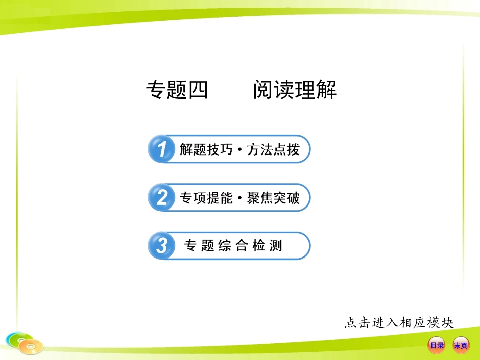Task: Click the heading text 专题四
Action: point(177,91)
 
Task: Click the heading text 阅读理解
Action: point(295,91)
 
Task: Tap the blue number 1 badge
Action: point(161,149)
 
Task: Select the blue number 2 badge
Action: point(161,198)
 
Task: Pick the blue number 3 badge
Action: point(161,246)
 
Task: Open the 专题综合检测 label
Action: point(233,246)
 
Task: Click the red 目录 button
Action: point(437,346)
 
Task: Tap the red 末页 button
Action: point(460,346)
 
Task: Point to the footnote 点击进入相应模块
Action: point(399,322)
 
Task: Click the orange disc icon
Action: point(31,347)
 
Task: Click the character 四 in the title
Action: point(198,91)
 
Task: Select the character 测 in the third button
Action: point(276,246)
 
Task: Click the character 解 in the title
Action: point(326,91)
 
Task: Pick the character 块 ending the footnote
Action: point(447,322)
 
